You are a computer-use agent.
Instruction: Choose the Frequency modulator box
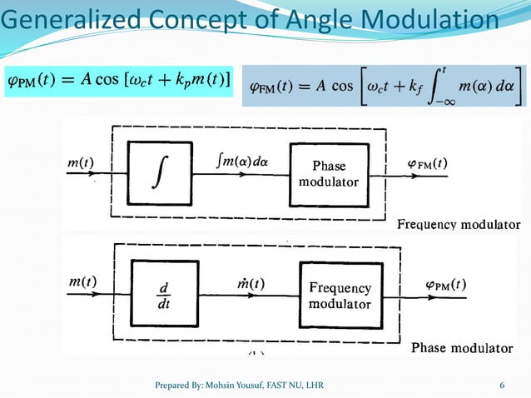pyautogui.click(x=340, y=296)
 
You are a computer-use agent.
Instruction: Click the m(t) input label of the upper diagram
pyautogui.click(x=81, y=162)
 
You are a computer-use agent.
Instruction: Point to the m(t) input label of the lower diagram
pyautogui.click(x=82, y=282)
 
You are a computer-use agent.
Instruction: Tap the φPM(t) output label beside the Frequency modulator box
pyautogui.click(x=439, y=285)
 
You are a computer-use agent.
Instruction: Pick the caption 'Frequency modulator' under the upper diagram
pyautogui.click(x=458, y=225)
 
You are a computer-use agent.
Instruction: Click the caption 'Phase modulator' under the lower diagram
pyautogui.click(x=461, y=347)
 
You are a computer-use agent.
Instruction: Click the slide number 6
pyautogui.click(x=502, y=385)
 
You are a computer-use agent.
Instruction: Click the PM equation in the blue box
pyautogui.click(x=120, y=80)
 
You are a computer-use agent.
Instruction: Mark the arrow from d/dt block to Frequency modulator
pyautogui.click(x=250, y=296)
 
